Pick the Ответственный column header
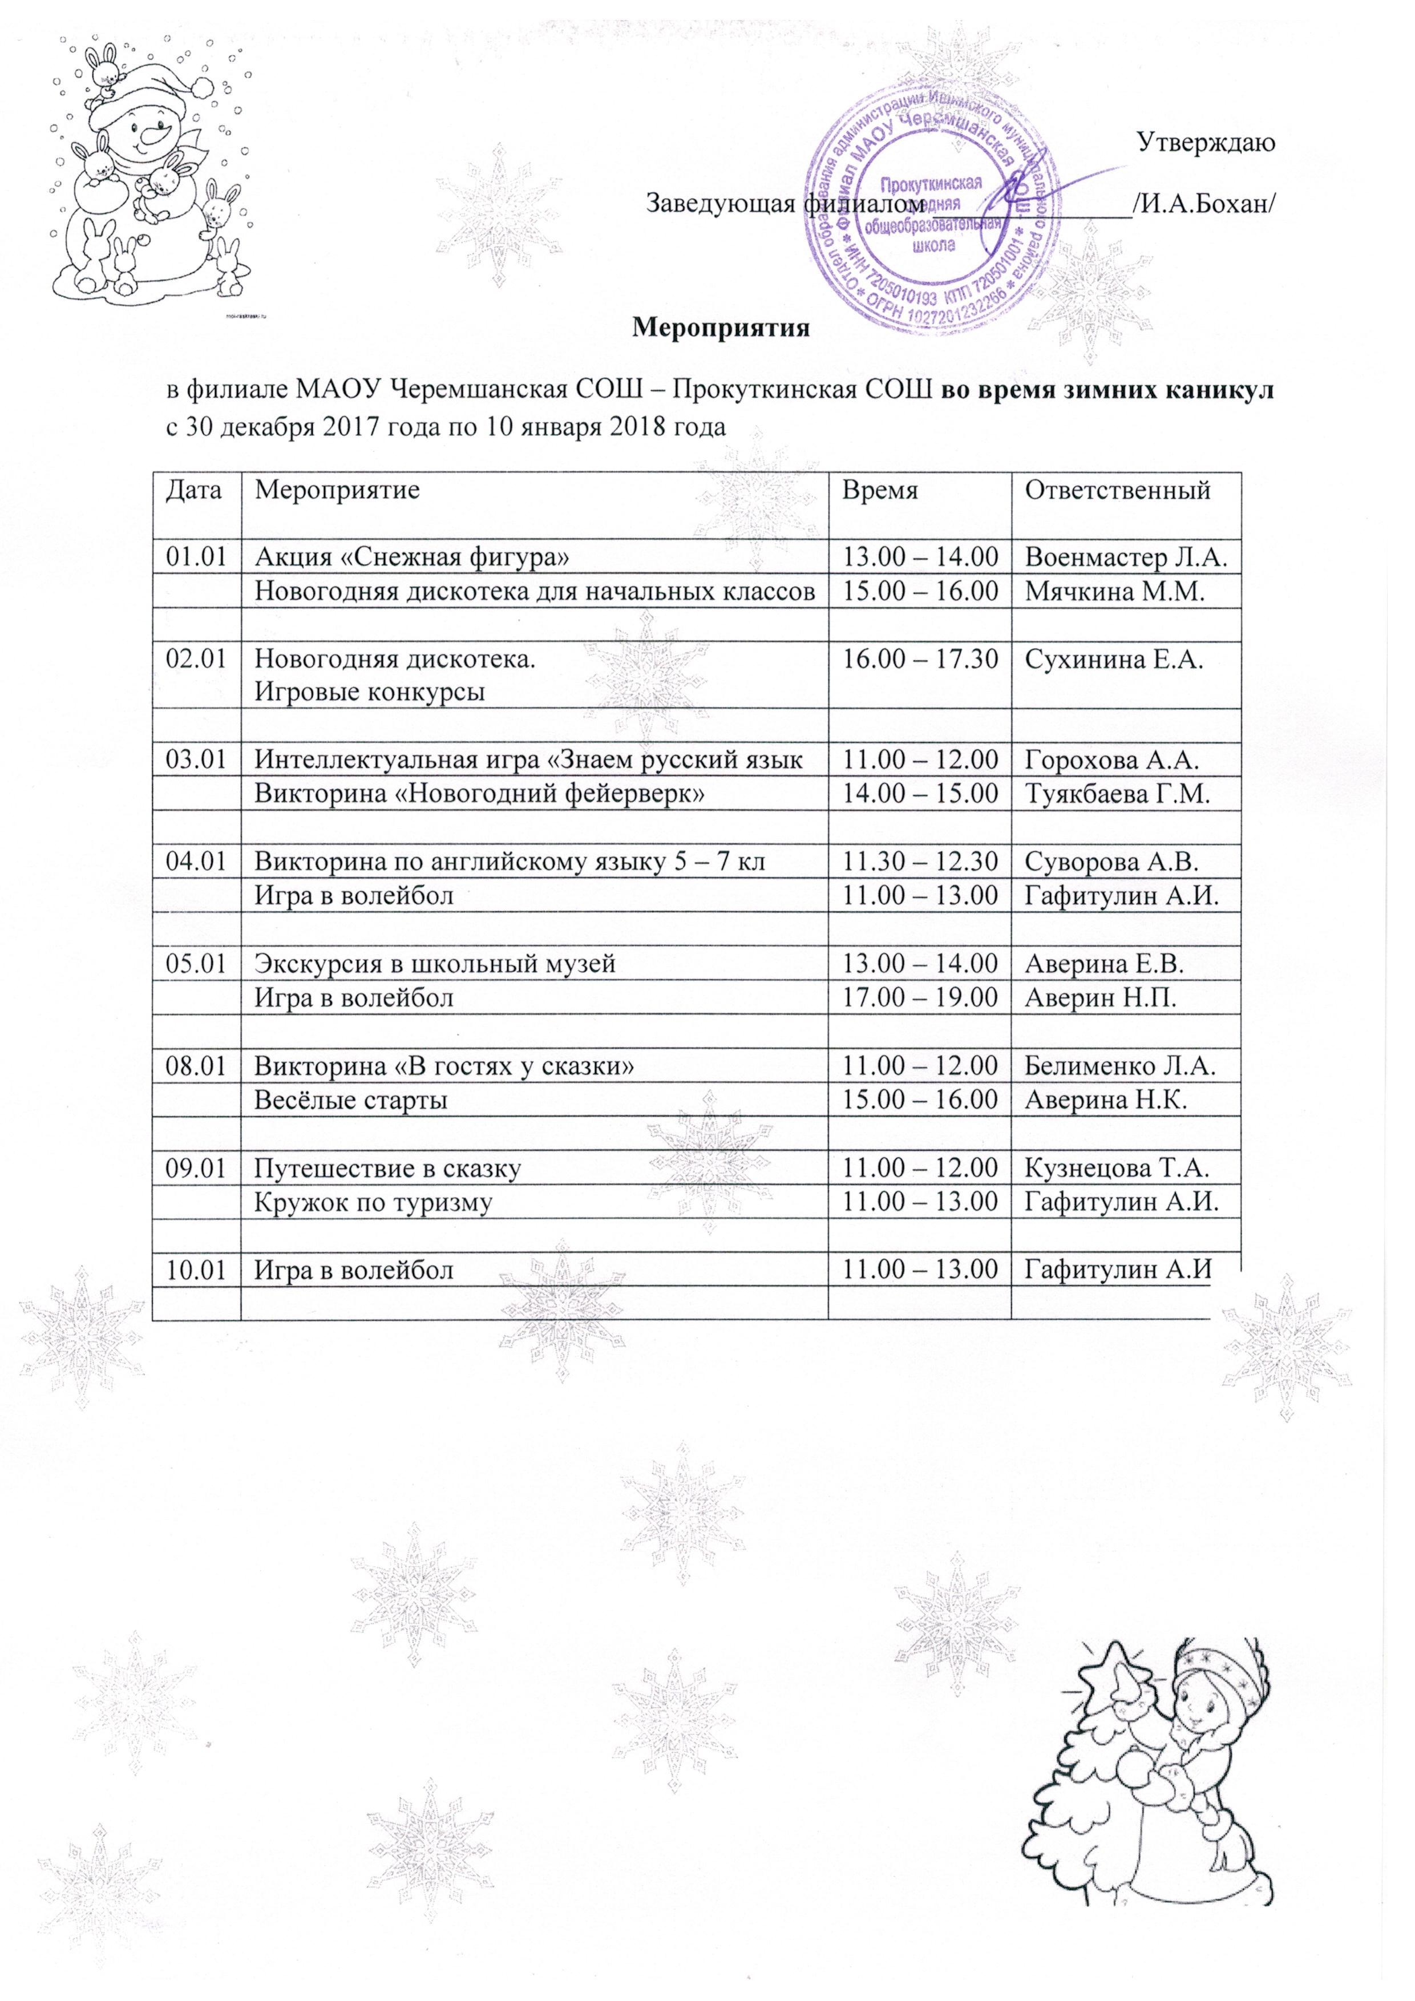1118,490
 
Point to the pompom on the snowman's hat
202,86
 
